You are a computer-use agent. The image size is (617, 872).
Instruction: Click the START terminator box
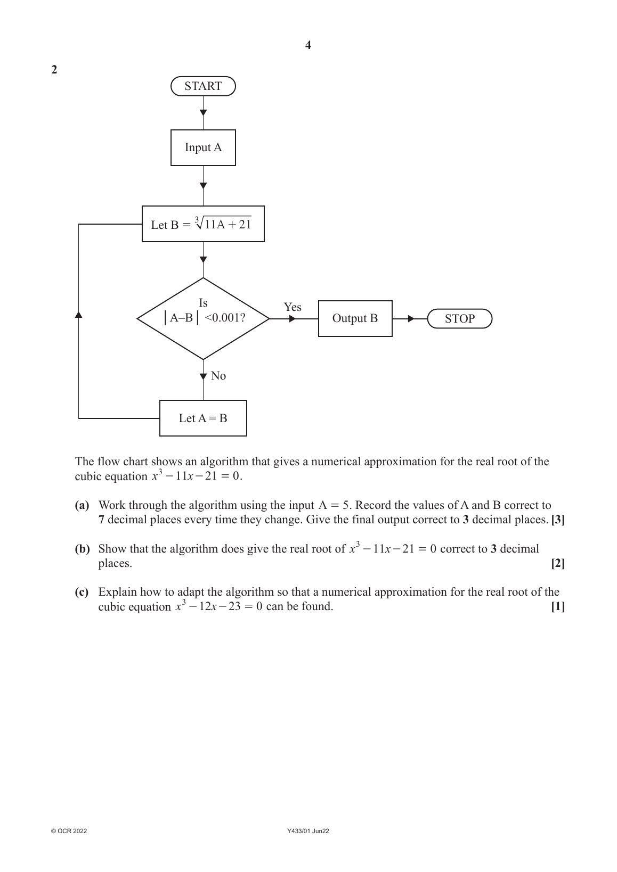coord(203,86)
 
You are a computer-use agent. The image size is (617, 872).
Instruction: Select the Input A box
coord(203,147)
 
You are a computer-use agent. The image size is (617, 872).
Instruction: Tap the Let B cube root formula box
coord(203,224)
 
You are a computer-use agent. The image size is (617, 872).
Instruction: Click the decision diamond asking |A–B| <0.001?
coord(203,318)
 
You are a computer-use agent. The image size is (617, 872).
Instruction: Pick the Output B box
coord(355,318)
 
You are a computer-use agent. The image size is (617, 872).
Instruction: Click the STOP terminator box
coord(459,319)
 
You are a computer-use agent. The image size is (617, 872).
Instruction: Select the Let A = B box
coord(203,418)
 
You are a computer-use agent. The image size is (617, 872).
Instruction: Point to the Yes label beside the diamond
coord(293,307)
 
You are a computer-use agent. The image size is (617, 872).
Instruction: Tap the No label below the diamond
coord(218,376)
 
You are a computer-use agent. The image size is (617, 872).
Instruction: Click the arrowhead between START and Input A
coord(203,113)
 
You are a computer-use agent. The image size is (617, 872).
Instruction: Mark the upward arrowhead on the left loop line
coord(79,314)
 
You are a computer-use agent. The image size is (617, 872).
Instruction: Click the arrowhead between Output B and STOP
coord(411,319)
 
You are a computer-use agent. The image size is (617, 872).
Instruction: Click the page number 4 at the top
coord(308,45)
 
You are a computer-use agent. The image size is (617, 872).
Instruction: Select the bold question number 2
coord(54,70)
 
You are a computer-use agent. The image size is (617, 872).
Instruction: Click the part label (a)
coord(82,505)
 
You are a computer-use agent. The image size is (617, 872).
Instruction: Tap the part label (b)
coord(82,549)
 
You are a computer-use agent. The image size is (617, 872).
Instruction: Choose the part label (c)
coord(82,592)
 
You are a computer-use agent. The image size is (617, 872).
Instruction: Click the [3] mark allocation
coord(557,520)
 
